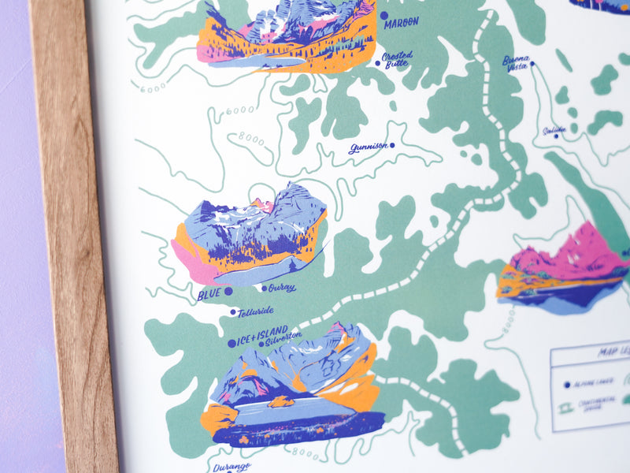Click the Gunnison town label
pyautogui.click(x=368, y=147)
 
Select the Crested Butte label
pyautogui.click(x=396, y=60)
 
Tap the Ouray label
pyautogui.click(x=281, y=288)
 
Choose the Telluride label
pyautogui.click(x=257, y=312)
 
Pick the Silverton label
pyautogui.click(x=283, y=337)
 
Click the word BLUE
pyautogui.click(x=209, y=294)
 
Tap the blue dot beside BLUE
pyautogui.click(x=228, y=291)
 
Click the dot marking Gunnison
pyautogui.click(x=392, y=144)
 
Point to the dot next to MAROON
pyautogui.click(x=384, y=15)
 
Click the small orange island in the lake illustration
pyautogui.click(x=280, y=402)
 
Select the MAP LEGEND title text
pyautogui.click(x=614, y=353)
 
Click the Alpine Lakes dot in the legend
pyautogui.click(x=566, y=384)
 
